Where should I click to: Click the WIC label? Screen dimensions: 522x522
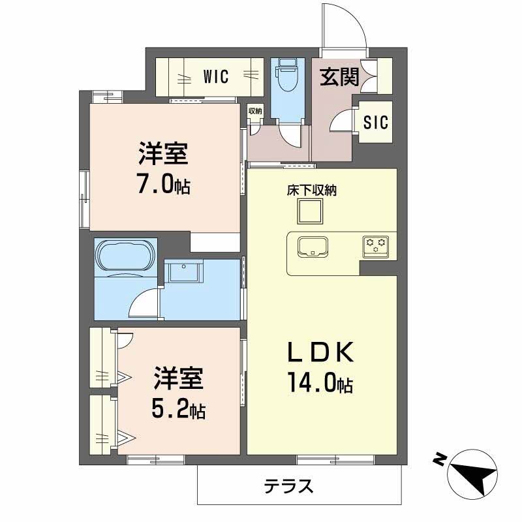(x=215, y=77)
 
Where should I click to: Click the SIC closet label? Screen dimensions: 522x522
(x=376, y=122)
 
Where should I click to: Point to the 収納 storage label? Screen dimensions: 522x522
(x=254, y=111)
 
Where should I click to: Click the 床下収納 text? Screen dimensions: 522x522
(x=311, y=191)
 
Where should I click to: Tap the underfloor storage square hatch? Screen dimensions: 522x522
(x=311, y=211)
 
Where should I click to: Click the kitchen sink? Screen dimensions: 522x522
(x=313, y=247)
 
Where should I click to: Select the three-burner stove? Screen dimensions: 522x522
(x=375, y=245)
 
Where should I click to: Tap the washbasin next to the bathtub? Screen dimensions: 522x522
(x=185, y=272)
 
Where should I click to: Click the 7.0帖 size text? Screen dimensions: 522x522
(x=164, y=185)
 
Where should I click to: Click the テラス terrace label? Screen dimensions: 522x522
(x=289, y=486)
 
